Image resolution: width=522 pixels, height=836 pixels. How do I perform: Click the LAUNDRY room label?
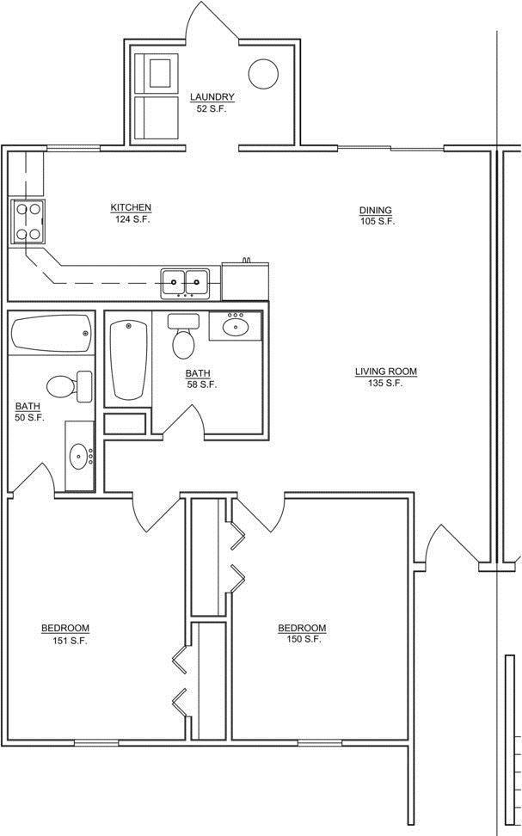[x=212, y=97]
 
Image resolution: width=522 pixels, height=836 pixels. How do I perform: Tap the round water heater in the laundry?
[x=263, y=73]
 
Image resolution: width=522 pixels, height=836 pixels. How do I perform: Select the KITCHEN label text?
[x=131, y=207]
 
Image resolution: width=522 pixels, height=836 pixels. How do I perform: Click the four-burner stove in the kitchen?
[x=28, y=221]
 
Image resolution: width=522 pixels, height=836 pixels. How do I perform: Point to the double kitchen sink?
[x=185, y=283]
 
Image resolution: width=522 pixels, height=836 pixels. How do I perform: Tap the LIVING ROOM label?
[x=386, y=372]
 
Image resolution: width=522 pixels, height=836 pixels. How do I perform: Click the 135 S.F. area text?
[x=385, y=383]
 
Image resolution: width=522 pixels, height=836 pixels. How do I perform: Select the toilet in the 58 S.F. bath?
[x=183, y=336]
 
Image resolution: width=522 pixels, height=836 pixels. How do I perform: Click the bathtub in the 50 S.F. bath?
[x=52, y=334]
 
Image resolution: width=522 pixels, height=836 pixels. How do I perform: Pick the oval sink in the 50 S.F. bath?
[x=80, y=456]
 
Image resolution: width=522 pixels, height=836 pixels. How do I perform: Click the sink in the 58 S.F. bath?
[x=235, y=326]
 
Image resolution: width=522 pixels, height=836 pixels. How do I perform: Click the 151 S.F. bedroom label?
[x=65, y=635]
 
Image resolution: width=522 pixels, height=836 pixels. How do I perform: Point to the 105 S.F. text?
[x=377, y=221]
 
